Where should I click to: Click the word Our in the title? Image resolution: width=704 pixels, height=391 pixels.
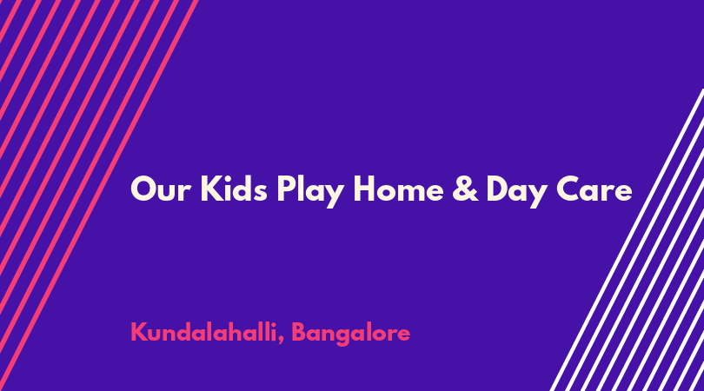click(x=160, y=189)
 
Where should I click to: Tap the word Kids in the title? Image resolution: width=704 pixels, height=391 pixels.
click(x=234, y=189)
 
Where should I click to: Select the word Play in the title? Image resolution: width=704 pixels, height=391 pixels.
click(x=310, y=191)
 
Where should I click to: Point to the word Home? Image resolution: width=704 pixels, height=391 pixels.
click(x=399, y=189)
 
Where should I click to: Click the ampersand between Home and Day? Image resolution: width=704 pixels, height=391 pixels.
click(x=465, y=189)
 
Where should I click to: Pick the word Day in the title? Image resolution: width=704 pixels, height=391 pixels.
click(x=516, y=192)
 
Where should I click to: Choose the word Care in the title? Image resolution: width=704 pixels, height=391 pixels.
click(x=594, y=189)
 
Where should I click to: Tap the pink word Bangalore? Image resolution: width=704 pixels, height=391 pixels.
click(x=351, y=334)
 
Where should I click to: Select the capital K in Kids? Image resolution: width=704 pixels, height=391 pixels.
click(x=212, y=189)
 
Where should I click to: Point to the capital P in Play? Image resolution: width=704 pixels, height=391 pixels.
click(x=286, y=189)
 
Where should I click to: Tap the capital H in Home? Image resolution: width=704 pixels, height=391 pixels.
click(x=365, y=189)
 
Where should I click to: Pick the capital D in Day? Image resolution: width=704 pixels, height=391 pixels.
click(x=499, y=189)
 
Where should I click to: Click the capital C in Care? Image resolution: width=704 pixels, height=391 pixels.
click(x=568, y=189)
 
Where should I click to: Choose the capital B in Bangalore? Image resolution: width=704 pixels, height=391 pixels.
click(x=300, y=333)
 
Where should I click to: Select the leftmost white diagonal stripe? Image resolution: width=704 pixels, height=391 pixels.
click(x=627, y=240)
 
